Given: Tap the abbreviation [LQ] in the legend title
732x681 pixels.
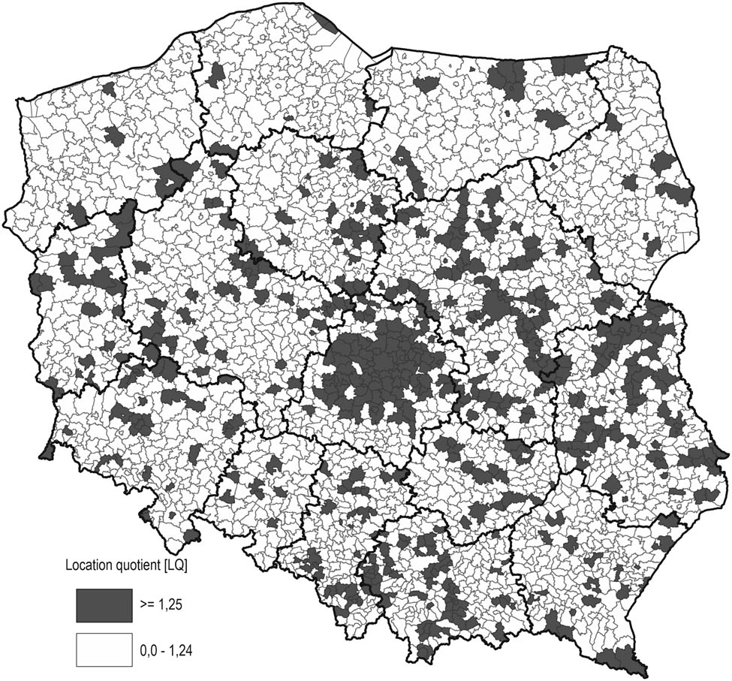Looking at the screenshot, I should click(x=176, y=565).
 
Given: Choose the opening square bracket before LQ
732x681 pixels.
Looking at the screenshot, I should click(x=166, y=565).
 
